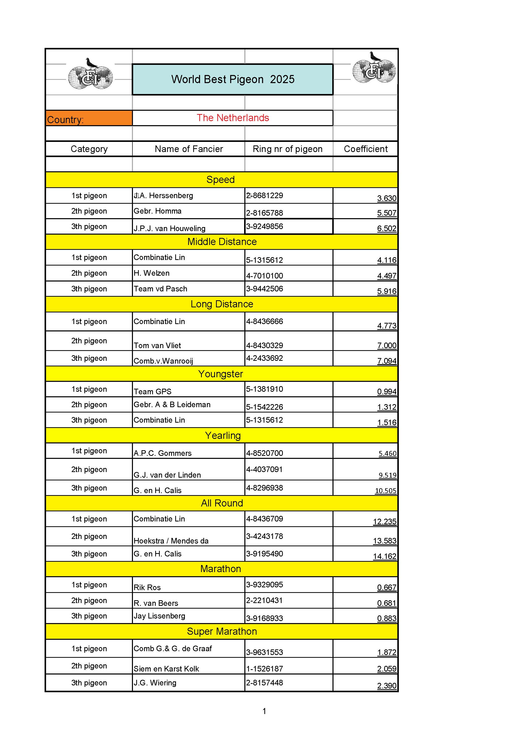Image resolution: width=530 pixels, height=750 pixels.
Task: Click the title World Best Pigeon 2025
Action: pyautogui.click(x=232, y=79)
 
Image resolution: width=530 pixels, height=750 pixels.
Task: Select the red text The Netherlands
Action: pyautogui.click(x=232, y=118)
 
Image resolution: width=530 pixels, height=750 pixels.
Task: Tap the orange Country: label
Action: pyautogui.click(x=65, y=120)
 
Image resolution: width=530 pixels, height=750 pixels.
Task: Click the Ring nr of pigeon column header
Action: pyautogui.click(x=287, y=149)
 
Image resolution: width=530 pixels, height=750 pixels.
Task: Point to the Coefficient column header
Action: pyautogui.click(x=365, y=149)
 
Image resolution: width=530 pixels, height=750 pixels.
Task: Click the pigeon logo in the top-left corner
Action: pyautogui.click(x=90, y=74)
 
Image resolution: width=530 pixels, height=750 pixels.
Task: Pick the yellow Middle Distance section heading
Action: pyautogui.click(x=222, y=242)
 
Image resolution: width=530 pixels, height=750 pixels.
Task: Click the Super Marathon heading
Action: pyautogui.click(x=222, y=631)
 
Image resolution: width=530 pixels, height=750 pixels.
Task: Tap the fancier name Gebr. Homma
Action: pyautogui.click(x=158, y=211)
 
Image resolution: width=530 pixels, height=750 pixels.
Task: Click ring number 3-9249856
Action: pyautogui.click(x=265, y=226)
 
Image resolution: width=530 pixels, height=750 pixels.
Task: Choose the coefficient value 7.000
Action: pyautogui.click(x=387, y=345)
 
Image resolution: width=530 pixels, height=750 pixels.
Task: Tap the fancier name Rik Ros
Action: pyautogui.click(x=147, y=587)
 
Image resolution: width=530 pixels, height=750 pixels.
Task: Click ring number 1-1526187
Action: pyautogui.click(x=265, y=669)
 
